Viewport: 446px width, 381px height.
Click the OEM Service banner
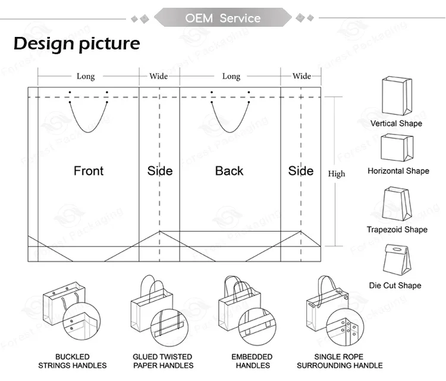pyautogui.click(x=223, y=18)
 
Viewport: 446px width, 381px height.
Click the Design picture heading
pyautogui.click(x=77, y=44)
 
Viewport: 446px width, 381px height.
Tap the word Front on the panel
pyautogui.click(x=89, y=171)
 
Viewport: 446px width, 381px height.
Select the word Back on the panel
pyautogui.click(x=230, y=171)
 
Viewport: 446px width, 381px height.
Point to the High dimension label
pyautogui.click(x=337, y=174)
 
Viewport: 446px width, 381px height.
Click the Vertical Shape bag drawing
pyautogui.click(x=397, y=96)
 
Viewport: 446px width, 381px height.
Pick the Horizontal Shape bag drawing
pyautogui.click(x=397, y=148)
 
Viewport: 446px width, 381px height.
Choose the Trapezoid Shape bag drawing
pyautogui.click(x=397, y=204)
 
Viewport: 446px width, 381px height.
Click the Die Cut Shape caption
pyautogui.click(x=395, y=285)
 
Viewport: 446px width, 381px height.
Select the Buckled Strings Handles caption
pyautogui.click(x=73, y=361)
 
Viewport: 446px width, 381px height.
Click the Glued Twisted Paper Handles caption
pyautogui.click(x=163, y=361)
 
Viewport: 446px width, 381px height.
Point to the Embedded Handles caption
pyautogui.click(x=252, y=361)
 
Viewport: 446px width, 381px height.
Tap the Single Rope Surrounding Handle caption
pyautogui.click(x=340, y=361)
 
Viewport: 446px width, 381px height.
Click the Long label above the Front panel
pyautogui.click(x=86, y=76)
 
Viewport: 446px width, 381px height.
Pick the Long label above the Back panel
pyautogui.click(x=231, y=76)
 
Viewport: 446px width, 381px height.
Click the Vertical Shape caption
pyautogui.click(x=396, y=123)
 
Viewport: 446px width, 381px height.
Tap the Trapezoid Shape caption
pyautogui.click(x=397, y=230)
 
